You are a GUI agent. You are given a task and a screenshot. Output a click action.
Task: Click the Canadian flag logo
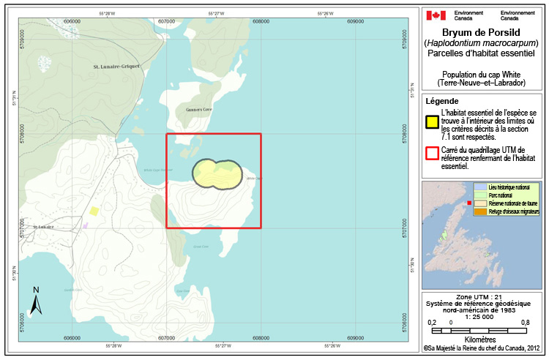(x=436, y=15)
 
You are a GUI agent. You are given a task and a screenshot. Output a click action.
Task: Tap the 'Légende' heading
(x=442, y=101)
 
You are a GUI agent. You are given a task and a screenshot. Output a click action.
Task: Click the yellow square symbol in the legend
(x=433, y=121)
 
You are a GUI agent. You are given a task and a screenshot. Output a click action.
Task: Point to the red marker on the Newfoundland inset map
(x=469, y=203)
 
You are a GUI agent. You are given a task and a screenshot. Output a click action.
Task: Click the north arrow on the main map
(x=36, y=301)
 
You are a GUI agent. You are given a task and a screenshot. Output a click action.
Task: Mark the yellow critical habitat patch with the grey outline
(x=217, y=173)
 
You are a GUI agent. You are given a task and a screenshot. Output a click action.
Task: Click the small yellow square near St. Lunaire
(x=94, y=211)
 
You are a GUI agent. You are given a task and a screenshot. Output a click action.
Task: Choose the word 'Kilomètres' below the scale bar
(x=480, y=340)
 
